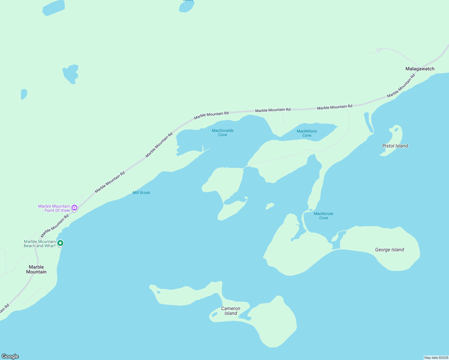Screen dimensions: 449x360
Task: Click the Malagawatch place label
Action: point(420,69)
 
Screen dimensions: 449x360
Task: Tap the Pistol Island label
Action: point(395,146)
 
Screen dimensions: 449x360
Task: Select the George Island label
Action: point(390,250)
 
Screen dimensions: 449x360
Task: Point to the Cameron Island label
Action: point(231,311)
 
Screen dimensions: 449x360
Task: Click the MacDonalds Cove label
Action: point(223,133)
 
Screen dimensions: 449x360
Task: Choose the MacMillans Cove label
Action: point(307,133)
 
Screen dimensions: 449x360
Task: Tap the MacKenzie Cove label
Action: point(324,216)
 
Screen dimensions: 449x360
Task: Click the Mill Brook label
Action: point(141,193)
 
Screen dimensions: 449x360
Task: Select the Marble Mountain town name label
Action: point(36,269)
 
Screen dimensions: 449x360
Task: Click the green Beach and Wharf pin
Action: point(60,243)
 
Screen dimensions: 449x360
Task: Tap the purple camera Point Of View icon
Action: point(74,207)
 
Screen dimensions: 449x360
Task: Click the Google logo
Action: point(10,356)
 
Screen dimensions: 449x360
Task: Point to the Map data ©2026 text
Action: point(436,358)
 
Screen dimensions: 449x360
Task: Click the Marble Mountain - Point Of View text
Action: point(54,208)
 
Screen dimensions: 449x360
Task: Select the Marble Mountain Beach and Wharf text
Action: point(40,244)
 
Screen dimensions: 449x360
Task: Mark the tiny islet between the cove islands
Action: point(270,206)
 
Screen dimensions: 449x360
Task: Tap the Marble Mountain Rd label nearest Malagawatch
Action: point(401,86)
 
